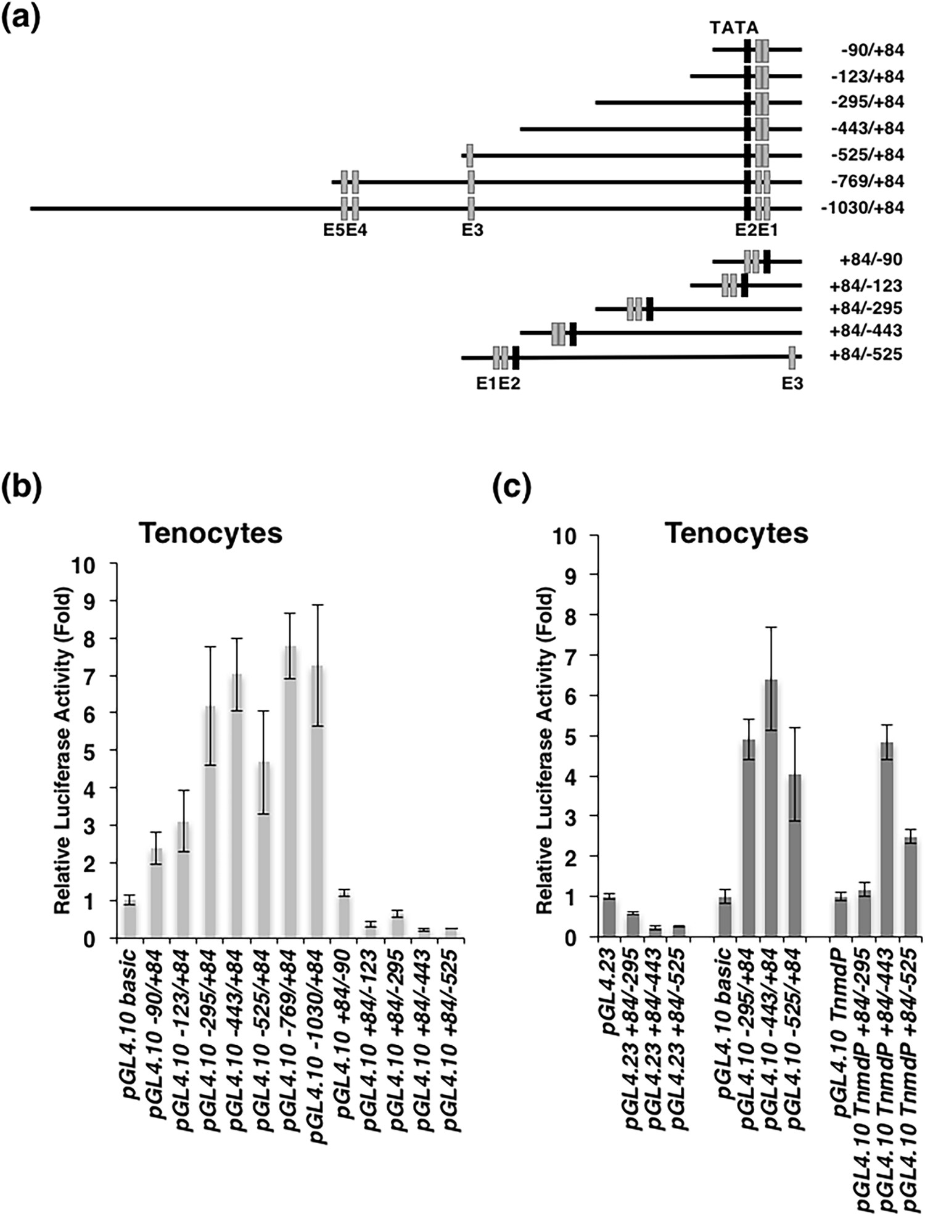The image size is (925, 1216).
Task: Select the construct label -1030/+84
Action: click(x=862, y=208)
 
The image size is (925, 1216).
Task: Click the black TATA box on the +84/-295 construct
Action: click(x=649, y=308)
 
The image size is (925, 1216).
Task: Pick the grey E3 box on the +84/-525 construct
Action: click(x=792, y=356)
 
